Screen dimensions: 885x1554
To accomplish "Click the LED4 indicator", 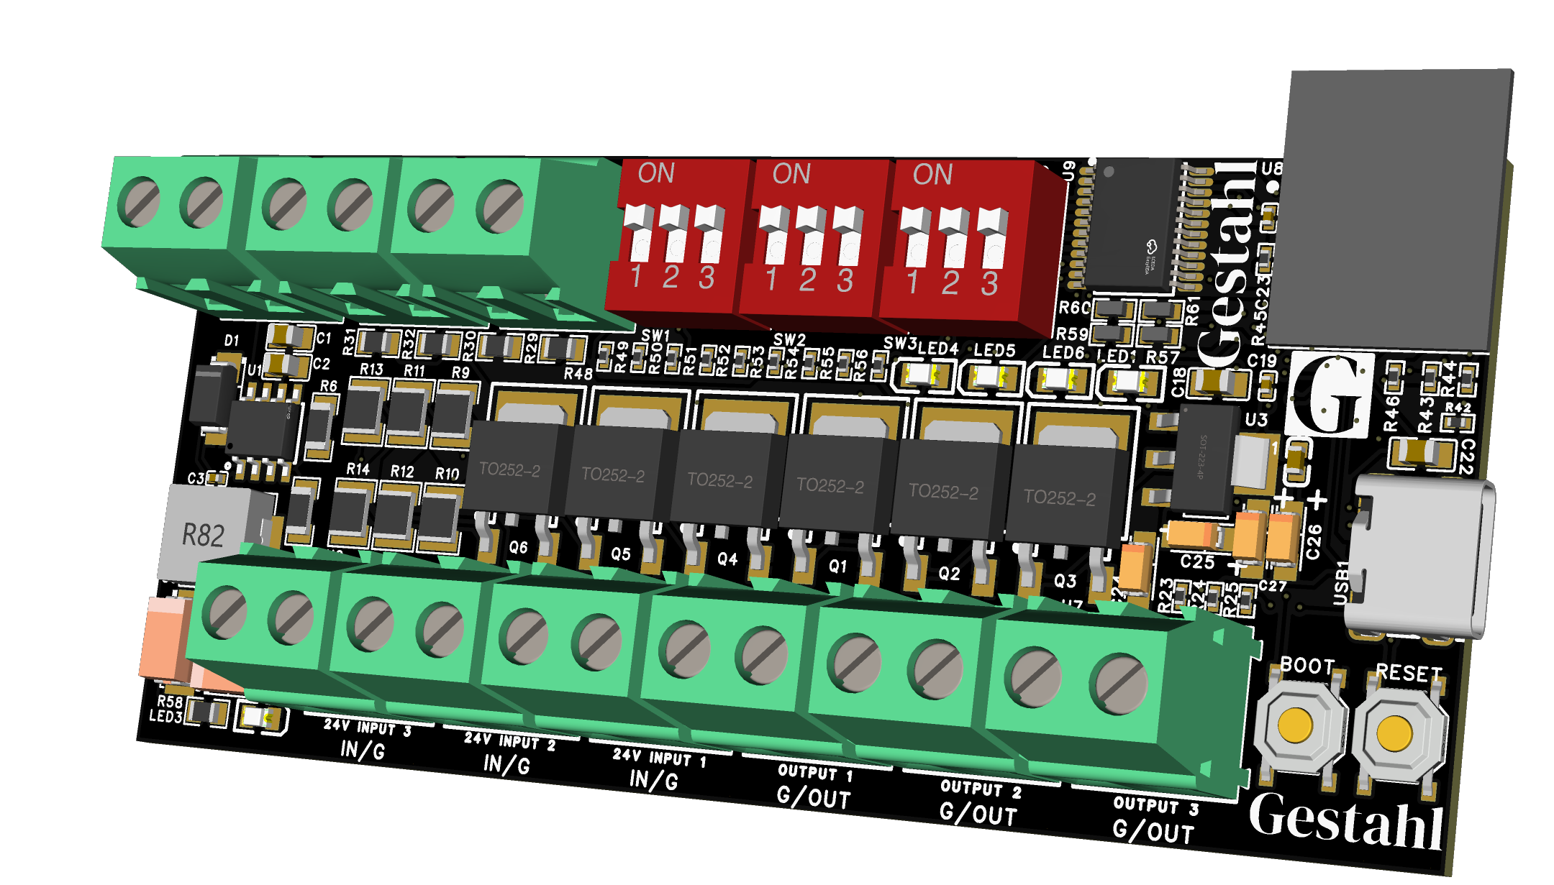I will point(922,375).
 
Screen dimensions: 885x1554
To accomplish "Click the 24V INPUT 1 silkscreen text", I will point(658,758).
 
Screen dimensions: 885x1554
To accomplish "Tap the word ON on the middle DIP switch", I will point(791,174).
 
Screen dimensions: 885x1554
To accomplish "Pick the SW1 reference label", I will point(655,336).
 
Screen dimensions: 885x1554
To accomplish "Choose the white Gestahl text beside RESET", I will point(1345,823).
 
